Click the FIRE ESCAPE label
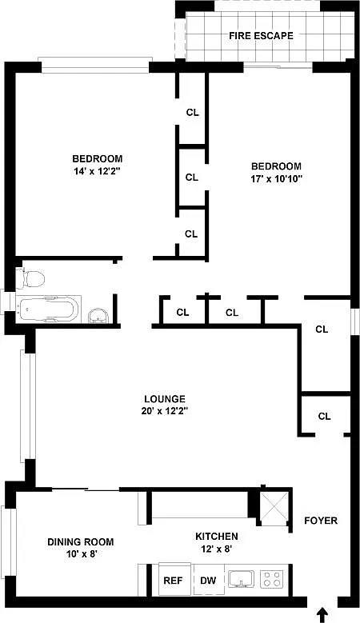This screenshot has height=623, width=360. click(x=261, y=36)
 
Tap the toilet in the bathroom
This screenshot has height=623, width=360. click(x=30, y=278)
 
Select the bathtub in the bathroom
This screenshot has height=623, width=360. click(x=49, y=310)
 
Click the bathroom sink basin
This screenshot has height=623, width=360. click(x=98, y=317)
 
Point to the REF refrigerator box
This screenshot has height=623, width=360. click(x=174, y=580)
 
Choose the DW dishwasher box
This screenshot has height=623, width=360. click(x=208, y=580)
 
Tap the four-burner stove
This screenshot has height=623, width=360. click(x=272, y=578)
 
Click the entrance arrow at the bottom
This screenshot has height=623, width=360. click(x=323, y=614)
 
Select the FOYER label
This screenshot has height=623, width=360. click(x=321, y=521)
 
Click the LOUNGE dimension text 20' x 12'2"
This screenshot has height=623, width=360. click(x=165, y=411)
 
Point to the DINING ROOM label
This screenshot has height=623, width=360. click(x=81, y=541)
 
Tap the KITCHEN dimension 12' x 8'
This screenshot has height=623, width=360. click(x=217, y=549)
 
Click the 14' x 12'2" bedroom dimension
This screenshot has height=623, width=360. click(x=98, y=171)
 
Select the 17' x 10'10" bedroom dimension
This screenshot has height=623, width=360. click(x=277, y=178)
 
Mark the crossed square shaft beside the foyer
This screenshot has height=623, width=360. click(x=275, y=505)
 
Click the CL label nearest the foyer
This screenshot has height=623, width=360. click(x=324, y=416)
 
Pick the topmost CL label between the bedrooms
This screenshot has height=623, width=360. click(x=193, y=113)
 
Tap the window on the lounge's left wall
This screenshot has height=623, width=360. click(x=28, y=406)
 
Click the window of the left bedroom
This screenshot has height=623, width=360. click(x=95, y=66)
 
